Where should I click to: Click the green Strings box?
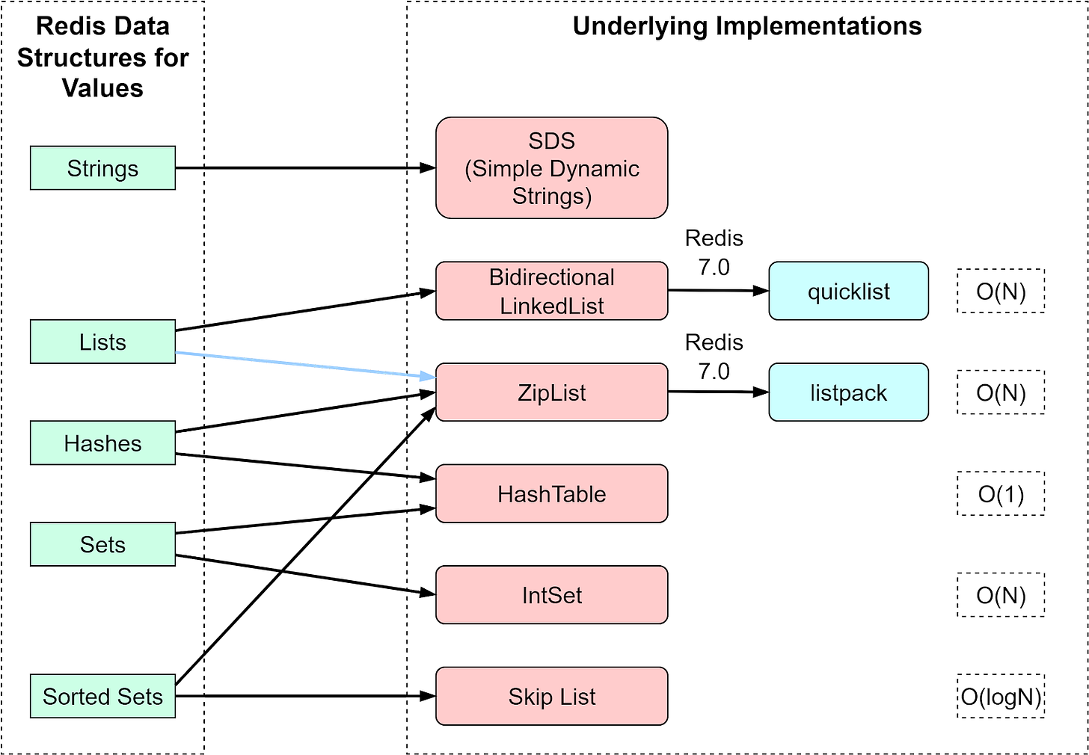(x=102, y=168)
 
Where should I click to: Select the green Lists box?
(x=102, y=342)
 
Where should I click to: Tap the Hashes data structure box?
(x=102, y=443)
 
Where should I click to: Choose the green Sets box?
(x=102, y=544)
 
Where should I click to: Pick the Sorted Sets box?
(x=102, y=696)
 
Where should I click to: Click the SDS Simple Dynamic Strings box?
(x=551, y=168)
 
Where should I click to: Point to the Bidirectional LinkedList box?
(x=551, y=291)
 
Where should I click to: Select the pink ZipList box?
(x=551, y=392)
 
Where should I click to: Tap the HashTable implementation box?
(x=551, y=493)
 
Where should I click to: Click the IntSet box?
(x=551, y=595)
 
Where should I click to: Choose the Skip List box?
(x=551, y=696)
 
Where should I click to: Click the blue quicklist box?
(x=848, y=291)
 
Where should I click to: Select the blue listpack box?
(x=848, y=392)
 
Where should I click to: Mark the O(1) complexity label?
(x=1001, y=493)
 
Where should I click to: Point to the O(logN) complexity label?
(x=1001, y=696)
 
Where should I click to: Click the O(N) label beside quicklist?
(x=1001, y=291)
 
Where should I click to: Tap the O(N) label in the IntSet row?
(x=1001, y=595)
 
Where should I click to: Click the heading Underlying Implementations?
(x=746, y=26)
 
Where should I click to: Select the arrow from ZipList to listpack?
(x=718, y=392)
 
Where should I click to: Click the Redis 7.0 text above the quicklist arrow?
(x=714, y=253)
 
